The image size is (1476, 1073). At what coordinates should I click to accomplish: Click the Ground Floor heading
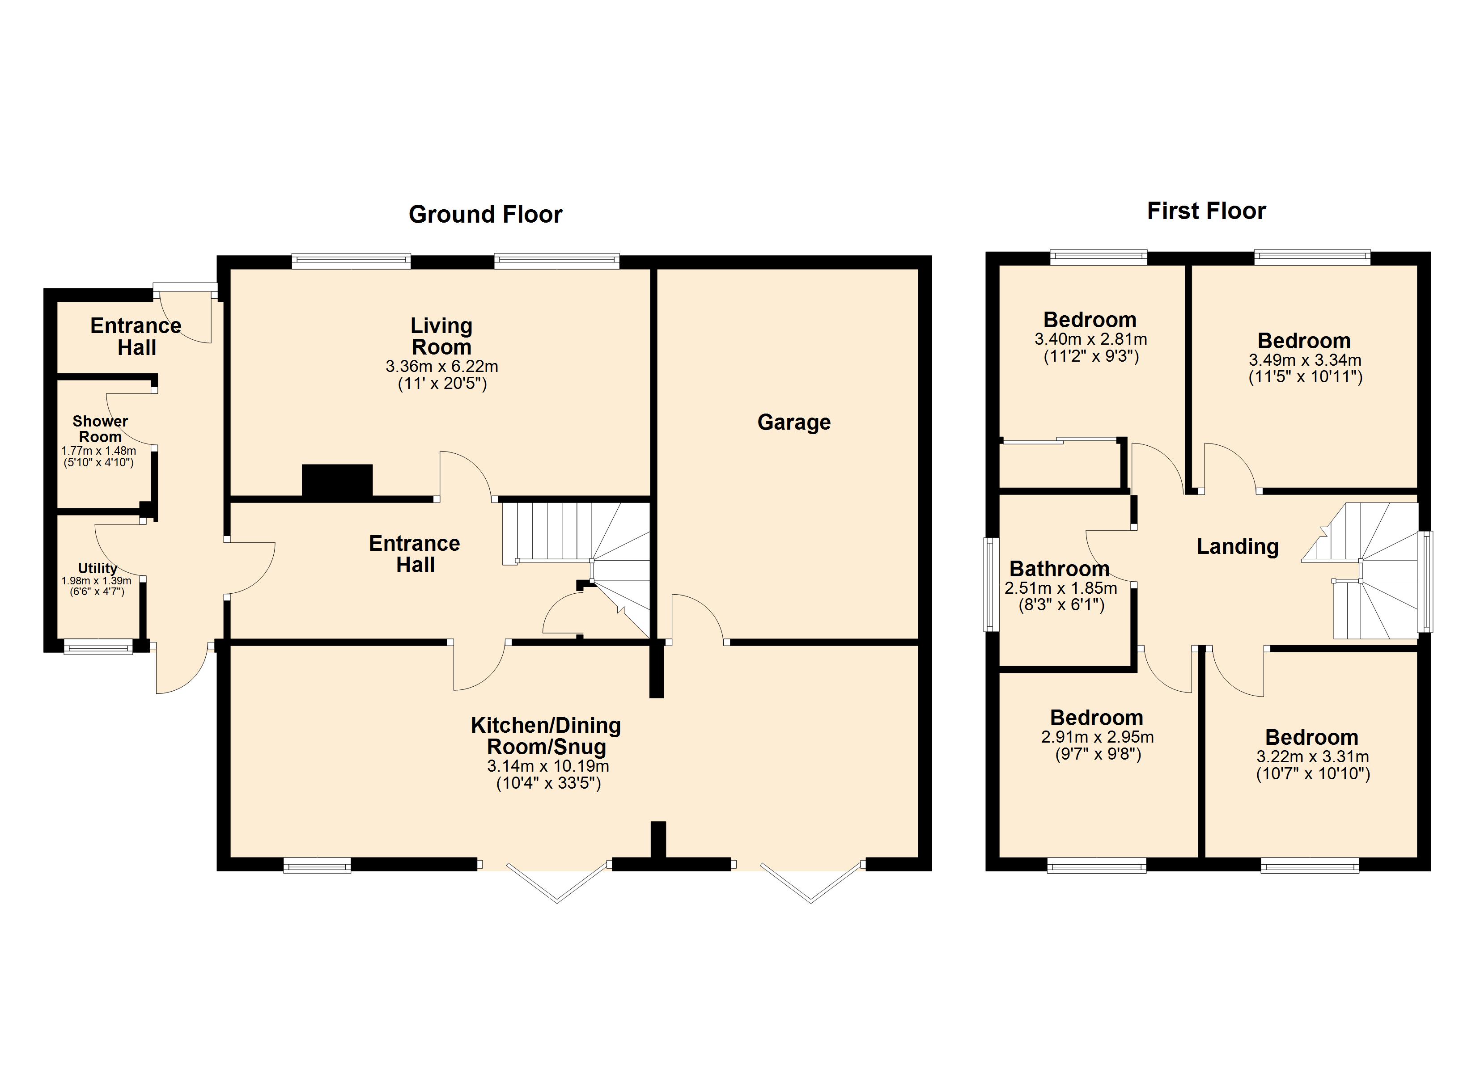[x=485, y=215]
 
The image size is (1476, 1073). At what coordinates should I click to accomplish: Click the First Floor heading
[x=1206, y=211]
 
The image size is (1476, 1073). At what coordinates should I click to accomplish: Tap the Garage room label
[x=793, y=423]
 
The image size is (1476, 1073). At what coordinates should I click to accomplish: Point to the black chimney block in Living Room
[x=337, y=482]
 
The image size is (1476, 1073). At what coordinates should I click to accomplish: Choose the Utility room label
[x=98, y=569]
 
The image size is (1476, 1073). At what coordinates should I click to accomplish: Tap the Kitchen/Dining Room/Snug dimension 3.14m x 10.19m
[x=548, y=766]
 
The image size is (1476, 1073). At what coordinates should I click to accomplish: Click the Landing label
[x=1237, y=547]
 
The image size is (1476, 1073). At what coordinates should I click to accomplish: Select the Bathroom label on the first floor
[x=1059, y=569]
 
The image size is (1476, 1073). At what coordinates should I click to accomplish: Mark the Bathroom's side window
[x=990, y=584]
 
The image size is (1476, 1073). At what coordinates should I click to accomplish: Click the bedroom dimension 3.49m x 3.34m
[x=1304, y=360]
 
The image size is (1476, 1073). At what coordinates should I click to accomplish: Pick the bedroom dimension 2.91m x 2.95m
[x=1097, y=738]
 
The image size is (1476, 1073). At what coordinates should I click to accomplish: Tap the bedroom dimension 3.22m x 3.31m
[x=1312, y=757]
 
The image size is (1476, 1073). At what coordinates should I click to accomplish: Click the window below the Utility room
[x=98, y=647]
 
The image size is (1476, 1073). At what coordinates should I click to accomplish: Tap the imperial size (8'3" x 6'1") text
[x=1061, y=606]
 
